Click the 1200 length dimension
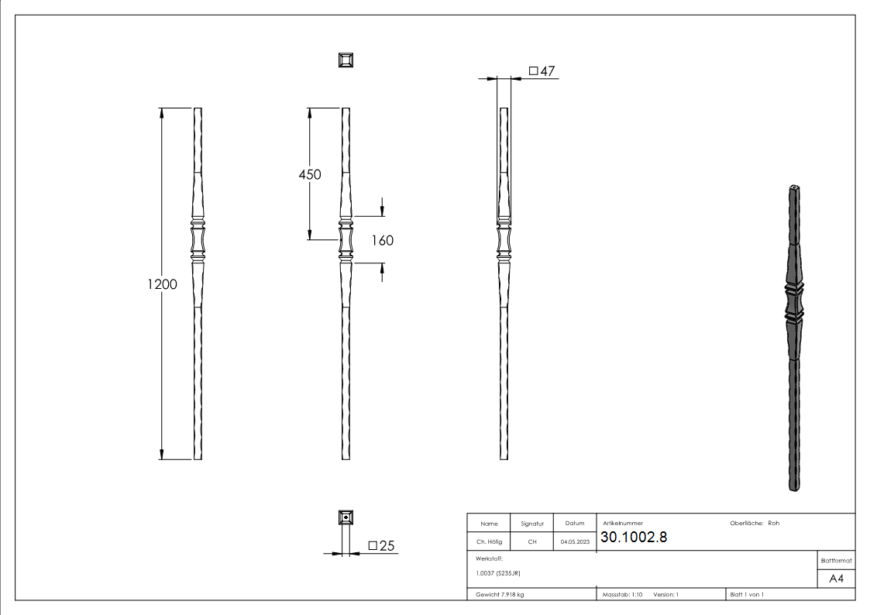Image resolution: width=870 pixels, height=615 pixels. [x=163, y=283]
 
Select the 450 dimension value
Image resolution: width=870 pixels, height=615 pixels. [x=310, y=174]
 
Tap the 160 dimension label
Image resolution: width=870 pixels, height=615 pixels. [x=382, y=240]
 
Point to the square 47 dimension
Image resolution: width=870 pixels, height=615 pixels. [x=542, y=71]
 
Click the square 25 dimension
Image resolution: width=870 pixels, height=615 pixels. [x=382, y=546]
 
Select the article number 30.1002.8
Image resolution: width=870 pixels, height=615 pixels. [x=634, y=538]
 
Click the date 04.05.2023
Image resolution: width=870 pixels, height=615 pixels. [x=575, y=542]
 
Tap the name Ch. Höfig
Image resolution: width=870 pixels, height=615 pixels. [x=489, y=542]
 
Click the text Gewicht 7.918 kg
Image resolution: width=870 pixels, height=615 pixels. [x=500, y=595]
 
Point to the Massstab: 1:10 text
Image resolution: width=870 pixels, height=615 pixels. [x=623, y=595]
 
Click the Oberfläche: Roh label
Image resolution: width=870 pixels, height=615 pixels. [x=755, y=523]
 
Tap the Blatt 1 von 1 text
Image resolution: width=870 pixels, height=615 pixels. [x=747, y=595]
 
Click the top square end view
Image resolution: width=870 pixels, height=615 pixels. [x=346, y=60]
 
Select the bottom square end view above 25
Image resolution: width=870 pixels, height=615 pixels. [x=346, y=517]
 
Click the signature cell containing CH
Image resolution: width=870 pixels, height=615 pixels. [x=532, y=542]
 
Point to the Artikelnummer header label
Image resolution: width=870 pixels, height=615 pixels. [x=622, y=524]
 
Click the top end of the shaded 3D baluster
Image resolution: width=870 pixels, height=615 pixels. [x=795, y=189]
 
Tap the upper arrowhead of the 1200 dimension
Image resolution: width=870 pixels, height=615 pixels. [x=162, y=113]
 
